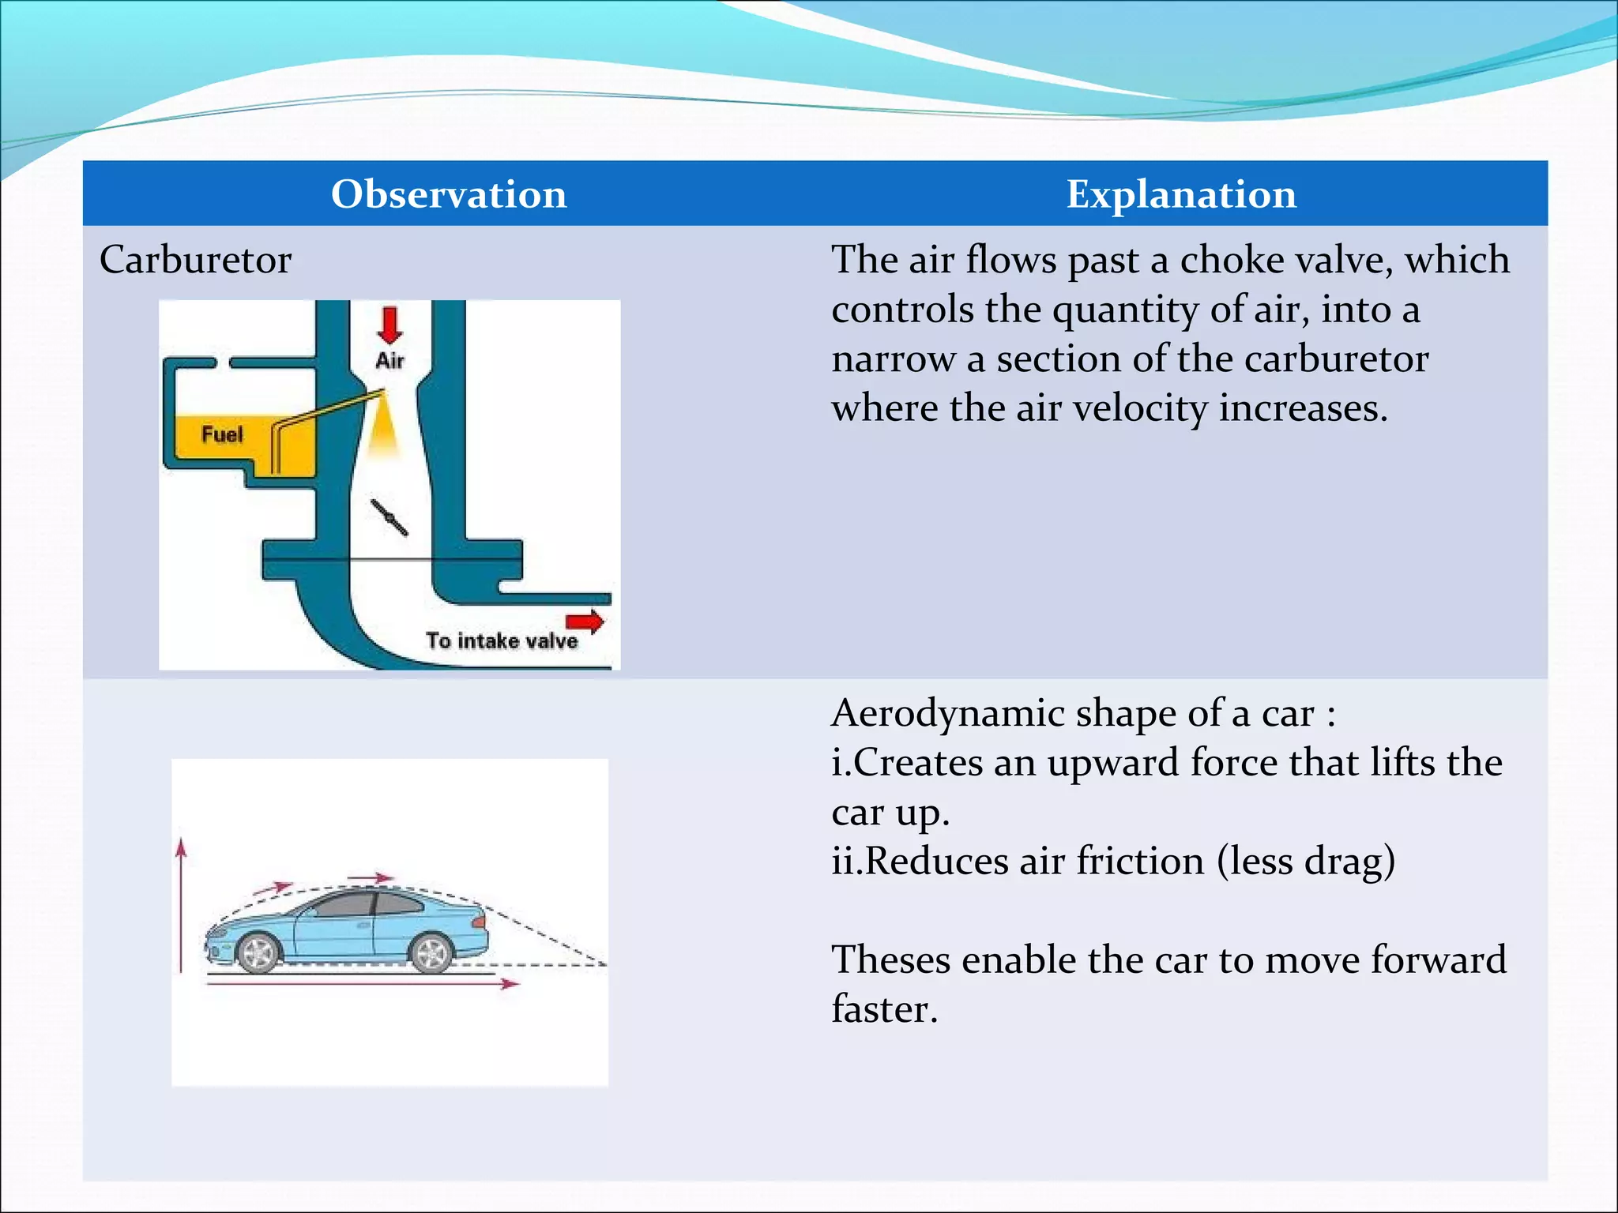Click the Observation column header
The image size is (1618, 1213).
tap(449, 194)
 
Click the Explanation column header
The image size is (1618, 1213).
tap(1181, 194)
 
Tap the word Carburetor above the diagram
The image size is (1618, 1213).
tap(195, 260)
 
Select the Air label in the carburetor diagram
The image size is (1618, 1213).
tap(389, 361)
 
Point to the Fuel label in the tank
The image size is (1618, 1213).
tap(222, 434)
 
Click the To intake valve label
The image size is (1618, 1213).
tap(502, 640)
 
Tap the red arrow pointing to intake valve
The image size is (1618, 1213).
tap(585, 622)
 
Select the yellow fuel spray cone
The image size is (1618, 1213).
tap(383, 430)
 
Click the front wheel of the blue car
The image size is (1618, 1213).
tap(258, 952)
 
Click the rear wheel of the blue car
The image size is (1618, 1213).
tap(431, 952)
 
